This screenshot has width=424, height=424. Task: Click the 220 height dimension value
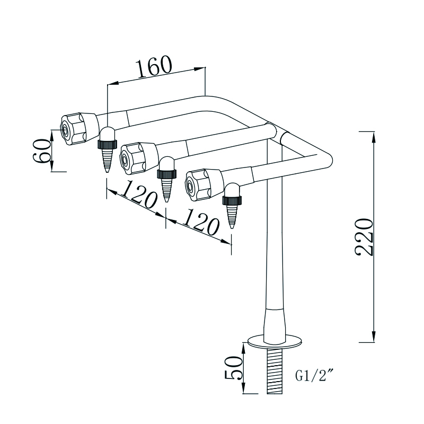click(x=365, y=236)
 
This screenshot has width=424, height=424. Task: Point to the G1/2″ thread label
click(x=313, y=377)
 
